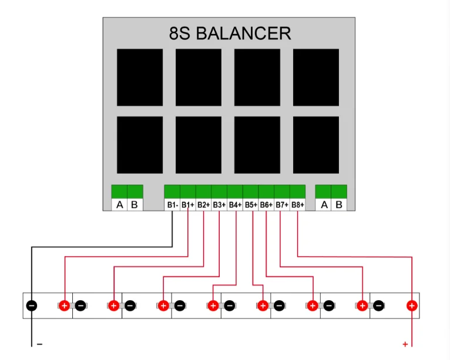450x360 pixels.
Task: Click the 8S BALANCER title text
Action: pos(230,33)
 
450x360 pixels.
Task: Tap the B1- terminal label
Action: pos(172,205)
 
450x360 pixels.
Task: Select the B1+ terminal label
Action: pos(188,205)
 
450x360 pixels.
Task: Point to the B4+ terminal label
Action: pos(235,205)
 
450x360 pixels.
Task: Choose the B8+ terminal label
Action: pos(298,205)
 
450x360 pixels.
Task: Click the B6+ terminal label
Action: pos(266,205)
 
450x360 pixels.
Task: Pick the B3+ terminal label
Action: pos(219,205)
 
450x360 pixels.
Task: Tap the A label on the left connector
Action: pos(119,205)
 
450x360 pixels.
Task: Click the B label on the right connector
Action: pos(339,205)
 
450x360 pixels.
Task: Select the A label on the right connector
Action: pos(323,205)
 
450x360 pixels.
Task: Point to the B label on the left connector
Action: pos(135,205)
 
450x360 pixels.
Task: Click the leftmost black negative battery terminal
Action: pos(32,305)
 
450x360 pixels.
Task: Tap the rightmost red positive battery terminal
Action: pos(412,305)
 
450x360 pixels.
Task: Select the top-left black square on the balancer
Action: pos(140,77)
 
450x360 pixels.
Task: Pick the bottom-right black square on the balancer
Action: pos(316,144)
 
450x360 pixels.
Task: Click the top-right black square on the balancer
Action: pos(316,77)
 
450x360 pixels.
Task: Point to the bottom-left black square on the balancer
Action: pos(140,144)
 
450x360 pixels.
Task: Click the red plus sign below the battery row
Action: pos(405,344)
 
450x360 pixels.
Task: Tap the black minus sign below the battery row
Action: pos(39,344)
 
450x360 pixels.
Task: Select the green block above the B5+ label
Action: pos(250,191)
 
